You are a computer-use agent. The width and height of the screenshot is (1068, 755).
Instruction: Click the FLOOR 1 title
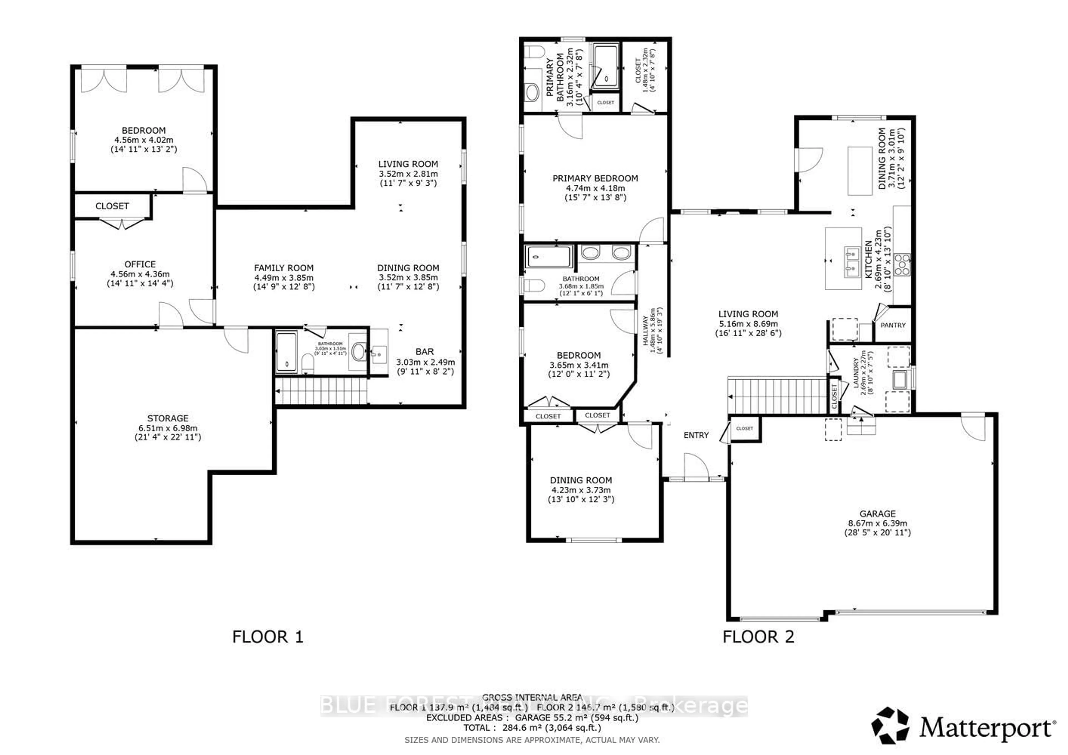[268, 637]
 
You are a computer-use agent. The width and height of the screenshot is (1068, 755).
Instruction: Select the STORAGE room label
[168, 418]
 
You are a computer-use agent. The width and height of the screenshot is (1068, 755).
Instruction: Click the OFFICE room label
[140, 264]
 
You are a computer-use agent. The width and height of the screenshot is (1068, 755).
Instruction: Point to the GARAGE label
[877, 514]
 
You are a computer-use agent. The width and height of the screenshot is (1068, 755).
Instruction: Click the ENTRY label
[696, 435]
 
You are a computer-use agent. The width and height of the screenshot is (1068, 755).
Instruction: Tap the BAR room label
[425, 352]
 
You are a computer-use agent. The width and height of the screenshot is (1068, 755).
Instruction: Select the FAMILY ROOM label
[284, 268]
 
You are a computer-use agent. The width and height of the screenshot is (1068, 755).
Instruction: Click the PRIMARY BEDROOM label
[595, 178]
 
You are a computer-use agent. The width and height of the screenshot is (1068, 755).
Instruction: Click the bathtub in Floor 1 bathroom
[286, 352]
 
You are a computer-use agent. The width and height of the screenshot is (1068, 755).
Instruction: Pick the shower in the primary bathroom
[606, 66]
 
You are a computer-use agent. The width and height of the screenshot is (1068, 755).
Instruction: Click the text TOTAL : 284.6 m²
[532, 727]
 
